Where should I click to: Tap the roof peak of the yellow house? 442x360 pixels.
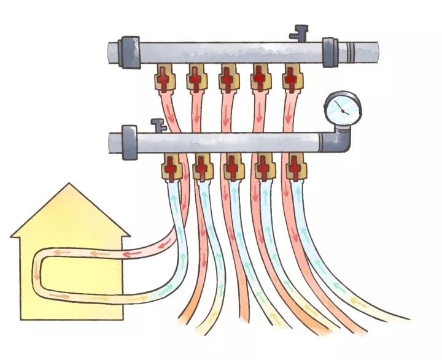[x=70, y=185]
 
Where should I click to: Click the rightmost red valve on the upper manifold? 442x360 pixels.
[x=290, y=79]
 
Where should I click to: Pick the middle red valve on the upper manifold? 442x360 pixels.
[x=227, y=79]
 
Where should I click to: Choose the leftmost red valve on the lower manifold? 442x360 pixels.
[x=171, y=166]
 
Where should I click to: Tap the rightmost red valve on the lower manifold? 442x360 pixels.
[x=296, y=166]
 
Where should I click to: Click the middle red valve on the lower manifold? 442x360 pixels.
[x=233, y=166]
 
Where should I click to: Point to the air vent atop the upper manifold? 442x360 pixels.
[x=300, y=31]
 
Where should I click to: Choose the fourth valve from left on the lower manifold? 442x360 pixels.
[x=264, y=166]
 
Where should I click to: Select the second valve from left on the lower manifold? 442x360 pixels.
[x=201, y=166]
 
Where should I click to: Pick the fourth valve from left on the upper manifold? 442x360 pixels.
[x=259, y=79]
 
